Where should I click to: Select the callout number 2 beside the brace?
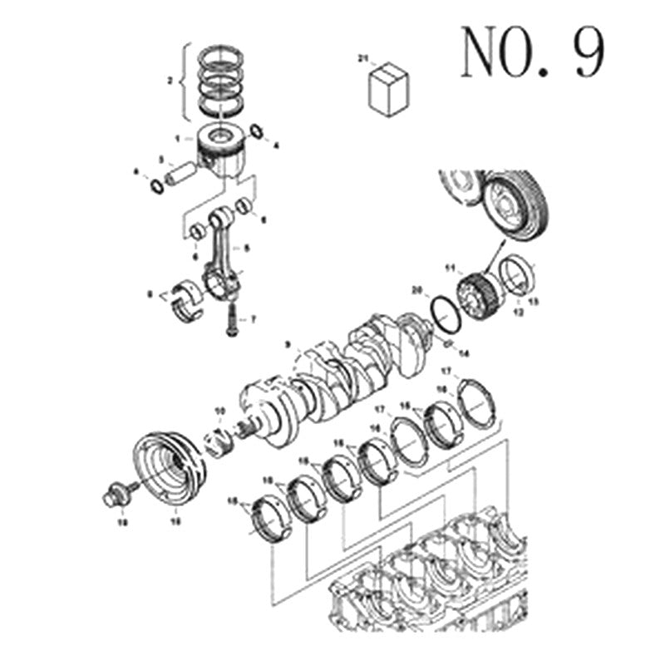click(170, 81)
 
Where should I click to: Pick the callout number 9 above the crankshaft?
click(287, 343)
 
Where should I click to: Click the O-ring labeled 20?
click(444, 317)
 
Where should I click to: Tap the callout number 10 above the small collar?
click(219, 411)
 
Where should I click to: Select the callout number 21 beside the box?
click(362, 58)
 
